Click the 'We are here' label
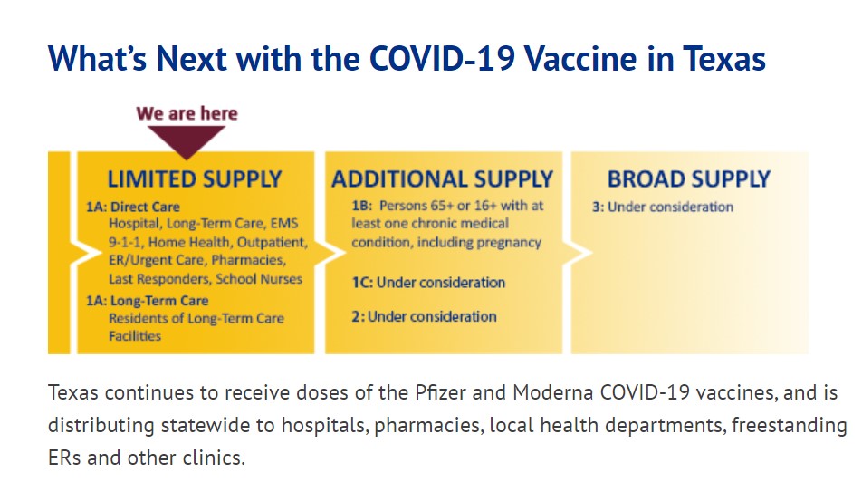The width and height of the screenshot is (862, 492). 187,113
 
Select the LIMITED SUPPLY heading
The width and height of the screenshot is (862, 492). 195,178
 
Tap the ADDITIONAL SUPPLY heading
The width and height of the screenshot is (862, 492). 442,178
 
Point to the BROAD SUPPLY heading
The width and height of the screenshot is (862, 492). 689,178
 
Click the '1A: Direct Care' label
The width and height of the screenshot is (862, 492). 133,207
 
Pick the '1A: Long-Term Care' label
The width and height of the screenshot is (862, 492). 148,301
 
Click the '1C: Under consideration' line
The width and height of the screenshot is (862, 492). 428,283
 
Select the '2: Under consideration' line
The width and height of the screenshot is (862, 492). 424,316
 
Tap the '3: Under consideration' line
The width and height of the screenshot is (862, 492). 663,207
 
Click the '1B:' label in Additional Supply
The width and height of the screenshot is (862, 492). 362,206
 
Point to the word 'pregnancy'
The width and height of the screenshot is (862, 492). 509,243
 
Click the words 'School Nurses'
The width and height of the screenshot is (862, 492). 259,279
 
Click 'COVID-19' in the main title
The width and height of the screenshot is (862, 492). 442,58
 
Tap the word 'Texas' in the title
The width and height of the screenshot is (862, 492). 724,58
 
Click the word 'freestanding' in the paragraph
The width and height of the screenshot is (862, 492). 789,426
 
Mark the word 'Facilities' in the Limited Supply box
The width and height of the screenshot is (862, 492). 135,336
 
